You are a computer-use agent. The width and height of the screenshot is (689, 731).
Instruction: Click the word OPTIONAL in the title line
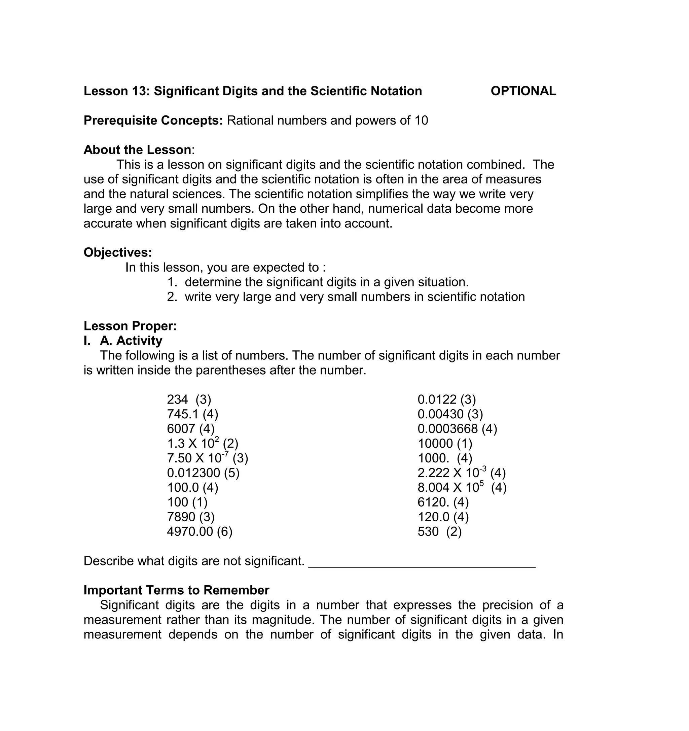click(523, 91)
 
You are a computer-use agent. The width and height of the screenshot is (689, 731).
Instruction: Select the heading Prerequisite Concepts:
click(153, 120)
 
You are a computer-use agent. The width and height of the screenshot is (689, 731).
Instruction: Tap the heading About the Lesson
click(137, 150)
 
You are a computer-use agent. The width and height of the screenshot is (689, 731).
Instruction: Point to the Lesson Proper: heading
click(130, 326)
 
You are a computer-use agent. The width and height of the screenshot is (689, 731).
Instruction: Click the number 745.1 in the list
click(183, 414)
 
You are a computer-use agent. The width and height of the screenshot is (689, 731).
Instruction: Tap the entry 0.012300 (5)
click(203, 473)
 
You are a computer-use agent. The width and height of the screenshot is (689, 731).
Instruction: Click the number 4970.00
click(190, 532)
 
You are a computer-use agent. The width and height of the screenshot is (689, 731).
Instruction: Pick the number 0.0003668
click(447, 429)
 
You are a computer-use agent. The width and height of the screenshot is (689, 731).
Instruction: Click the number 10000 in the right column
click(435, 444)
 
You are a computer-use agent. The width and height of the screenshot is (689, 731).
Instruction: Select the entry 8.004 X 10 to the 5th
click(462, 488)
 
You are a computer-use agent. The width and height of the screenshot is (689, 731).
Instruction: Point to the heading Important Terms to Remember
click(176, 590)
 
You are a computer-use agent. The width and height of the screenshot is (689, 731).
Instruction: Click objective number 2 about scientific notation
click(346, 297)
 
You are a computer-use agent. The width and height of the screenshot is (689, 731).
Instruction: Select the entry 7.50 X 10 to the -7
click(207, 458)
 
